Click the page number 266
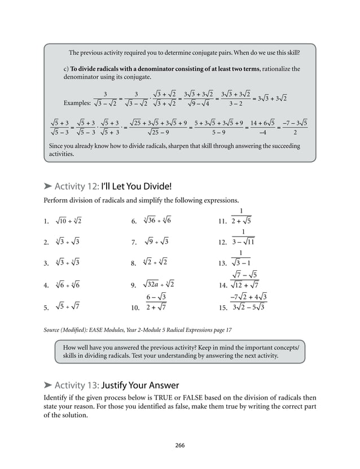180,445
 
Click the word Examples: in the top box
77,103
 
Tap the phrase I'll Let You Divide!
135,186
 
